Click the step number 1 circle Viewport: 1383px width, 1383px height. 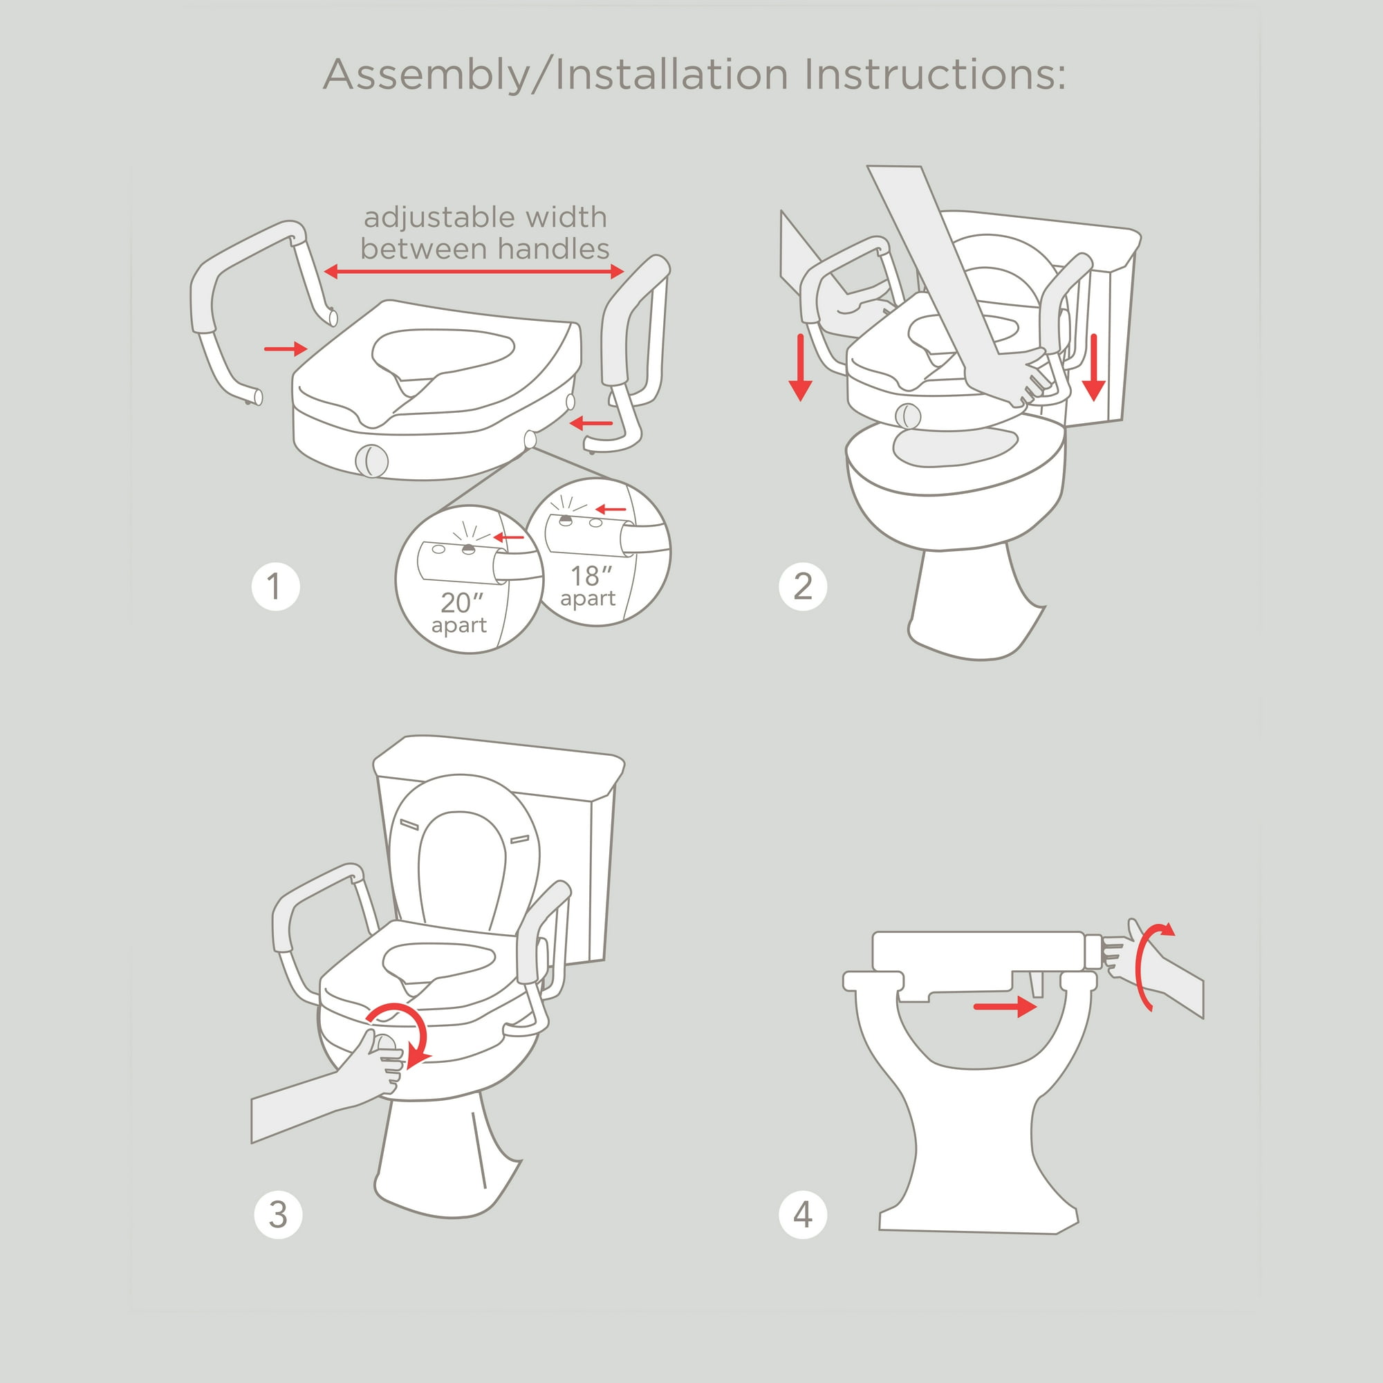tap(276, 587)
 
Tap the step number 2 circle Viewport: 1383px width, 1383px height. tap(802, 587)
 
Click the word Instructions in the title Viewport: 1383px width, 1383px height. tap(934, 75)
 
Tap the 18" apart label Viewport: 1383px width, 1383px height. tap(588, 586)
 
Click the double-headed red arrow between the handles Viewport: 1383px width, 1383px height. tap(473, 271)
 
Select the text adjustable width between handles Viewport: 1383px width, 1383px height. tap(485, 232)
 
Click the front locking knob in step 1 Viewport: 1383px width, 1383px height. tap(371, 461)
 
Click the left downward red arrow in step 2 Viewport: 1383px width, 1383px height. tap(800, 367)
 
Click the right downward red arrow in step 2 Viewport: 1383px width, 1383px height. tap(1093, 367)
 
